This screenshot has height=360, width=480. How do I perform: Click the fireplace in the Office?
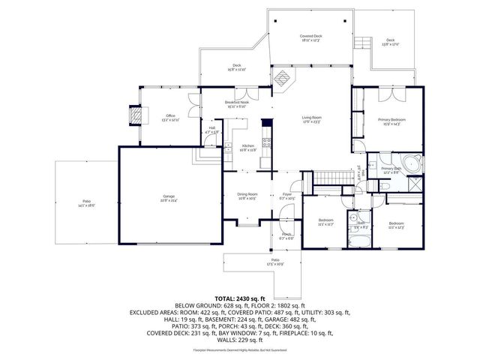coord(135,115)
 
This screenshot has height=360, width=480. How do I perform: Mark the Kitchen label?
coord(247,148)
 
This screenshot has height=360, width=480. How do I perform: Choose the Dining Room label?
coord(247,196)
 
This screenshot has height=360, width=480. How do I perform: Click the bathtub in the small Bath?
coord(361,240)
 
